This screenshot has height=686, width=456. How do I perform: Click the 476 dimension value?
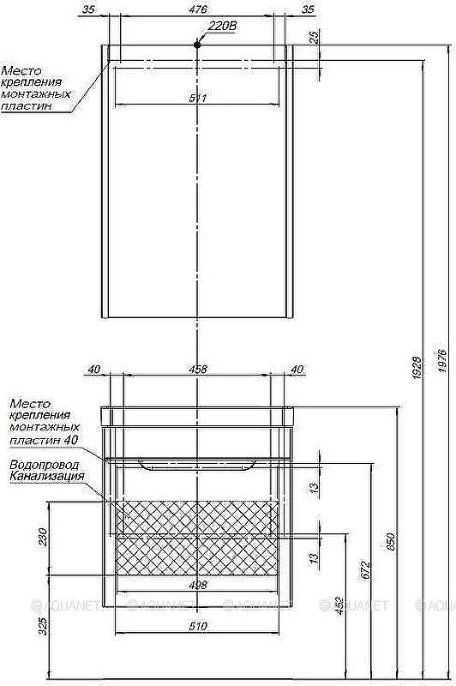coord(197,10)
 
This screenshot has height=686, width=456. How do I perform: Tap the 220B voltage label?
coord(222,27)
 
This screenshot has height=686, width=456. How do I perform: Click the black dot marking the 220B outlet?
coord(198,43)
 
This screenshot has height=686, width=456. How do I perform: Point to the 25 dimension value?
coord(315,38)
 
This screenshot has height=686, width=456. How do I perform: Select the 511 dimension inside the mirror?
coord(198,99)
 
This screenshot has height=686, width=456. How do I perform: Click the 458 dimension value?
coord(198,370)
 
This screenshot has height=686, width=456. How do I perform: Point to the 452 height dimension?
coord(340,606)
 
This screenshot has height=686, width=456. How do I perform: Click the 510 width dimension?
coord(198,627)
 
